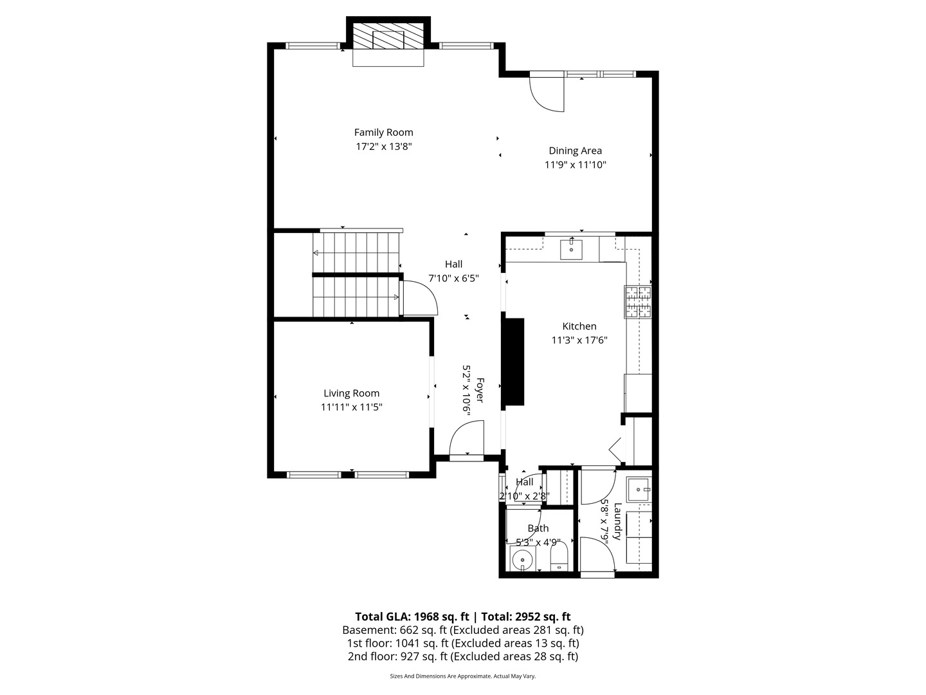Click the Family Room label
coord(383,133)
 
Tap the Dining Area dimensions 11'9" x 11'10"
coord(576,165)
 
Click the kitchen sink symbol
coord(571,248)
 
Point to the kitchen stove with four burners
coord(637,302)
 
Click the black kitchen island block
coord(513,362)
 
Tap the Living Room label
coord(351,393)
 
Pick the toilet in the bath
coord(559,557)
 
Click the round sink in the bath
coord(523,561)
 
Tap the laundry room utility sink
coord(639,490)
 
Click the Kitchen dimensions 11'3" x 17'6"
coord(579,340)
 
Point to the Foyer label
coord(479,392)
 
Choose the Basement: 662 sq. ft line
coord(462,630)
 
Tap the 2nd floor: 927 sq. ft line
coord(462,656)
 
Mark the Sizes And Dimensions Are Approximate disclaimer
coord(462,676)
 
